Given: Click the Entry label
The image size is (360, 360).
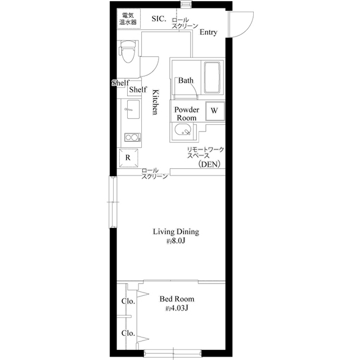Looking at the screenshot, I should pos(209,33).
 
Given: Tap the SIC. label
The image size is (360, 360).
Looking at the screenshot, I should pos(160,19).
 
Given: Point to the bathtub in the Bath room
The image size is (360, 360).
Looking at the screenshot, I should pos(211,78).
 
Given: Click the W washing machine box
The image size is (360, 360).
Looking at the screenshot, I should pos(214,111).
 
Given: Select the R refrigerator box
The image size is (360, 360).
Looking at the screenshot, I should pos(128,157).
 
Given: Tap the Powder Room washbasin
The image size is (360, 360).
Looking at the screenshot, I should pos(183,132).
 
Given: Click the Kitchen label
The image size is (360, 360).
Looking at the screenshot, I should pos(155,102).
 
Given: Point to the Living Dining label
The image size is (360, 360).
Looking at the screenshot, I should pos(177,231).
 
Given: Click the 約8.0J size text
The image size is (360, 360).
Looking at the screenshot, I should pos(175,241).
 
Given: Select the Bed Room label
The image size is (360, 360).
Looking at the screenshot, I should pos(177,299).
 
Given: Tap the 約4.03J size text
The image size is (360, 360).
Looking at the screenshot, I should pos(176,309).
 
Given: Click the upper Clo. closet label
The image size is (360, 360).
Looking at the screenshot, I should pos(129,301).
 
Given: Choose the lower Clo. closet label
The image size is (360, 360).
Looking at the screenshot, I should pos(129,334).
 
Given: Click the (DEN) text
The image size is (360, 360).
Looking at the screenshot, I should pos(209,164).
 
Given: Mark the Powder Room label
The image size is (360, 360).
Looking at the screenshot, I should pos(186,114).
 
